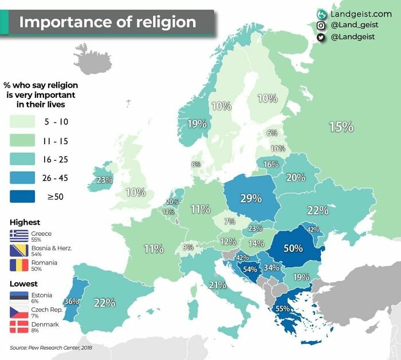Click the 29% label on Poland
pos(250,199)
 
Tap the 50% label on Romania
pos(293,249)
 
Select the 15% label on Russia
pos(341,127)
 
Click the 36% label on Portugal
pos(72,302)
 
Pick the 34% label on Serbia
pos(272,267)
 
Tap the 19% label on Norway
pos(196,124)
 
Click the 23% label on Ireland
pos(104,180)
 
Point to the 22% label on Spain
pos(104,303)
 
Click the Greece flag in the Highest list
pos(19,236)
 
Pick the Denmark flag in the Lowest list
pos(19,327)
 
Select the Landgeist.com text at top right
pos(361,14)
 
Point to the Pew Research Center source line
pos(50,347)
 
